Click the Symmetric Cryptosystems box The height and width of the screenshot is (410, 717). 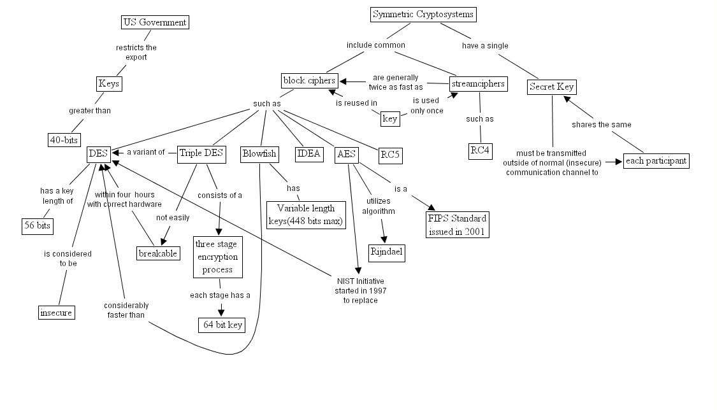423,14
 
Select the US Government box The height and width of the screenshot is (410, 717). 155,23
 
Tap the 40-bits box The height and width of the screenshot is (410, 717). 64,139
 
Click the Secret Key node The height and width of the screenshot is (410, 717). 551,87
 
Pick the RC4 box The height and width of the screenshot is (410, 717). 481,151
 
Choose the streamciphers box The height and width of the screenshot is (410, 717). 478,83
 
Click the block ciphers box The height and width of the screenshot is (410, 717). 309,81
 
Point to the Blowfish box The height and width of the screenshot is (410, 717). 258,154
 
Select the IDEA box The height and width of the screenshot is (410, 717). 310,154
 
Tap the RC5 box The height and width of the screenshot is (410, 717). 390,154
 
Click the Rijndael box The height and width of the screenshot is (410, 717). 387,251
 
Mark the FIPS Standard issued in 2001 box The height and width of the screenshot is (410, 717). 458,225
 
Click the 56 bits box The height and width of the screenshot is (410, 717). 37,226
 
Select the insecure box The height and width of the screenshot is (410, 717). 56,312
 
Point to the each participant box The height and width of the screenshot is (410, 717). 656,160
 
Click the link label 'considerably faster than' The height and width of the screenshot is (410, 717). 126,310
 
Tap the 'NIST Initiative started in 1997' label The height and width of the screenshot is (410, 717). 361,290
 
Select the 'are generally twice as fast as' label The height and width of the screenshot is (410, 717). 395,82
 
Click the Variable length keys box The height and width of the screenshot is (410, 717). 305,215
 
